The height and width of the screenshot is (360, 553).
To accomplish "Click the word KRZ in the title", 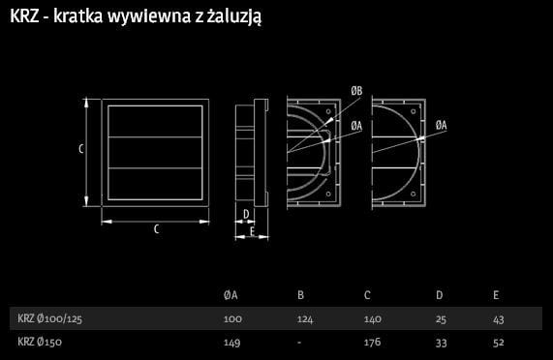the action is click(24, 15).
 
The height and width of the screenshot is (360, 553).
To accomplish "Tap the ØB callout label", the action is click(356, 91).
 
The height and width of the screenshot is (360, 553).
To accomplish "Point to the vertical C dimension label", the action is click(81, 149).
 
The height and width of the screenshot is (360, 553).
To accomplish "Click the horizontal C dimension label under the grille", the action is click(156, 229).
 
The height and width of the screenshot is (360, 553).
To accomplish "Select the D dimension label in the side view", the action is click(246, 214).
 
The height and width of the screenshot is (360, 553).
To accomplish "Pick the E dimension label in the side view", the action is click(252, 231).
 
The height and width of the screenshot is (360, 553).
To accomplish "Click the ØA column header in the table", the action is click(230, 295).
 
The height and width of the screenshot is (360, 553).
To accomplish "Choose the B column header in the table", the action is click(300, 295).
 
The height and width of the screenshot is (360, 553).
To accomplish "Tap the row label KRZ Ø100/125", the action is click(49, 318).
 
